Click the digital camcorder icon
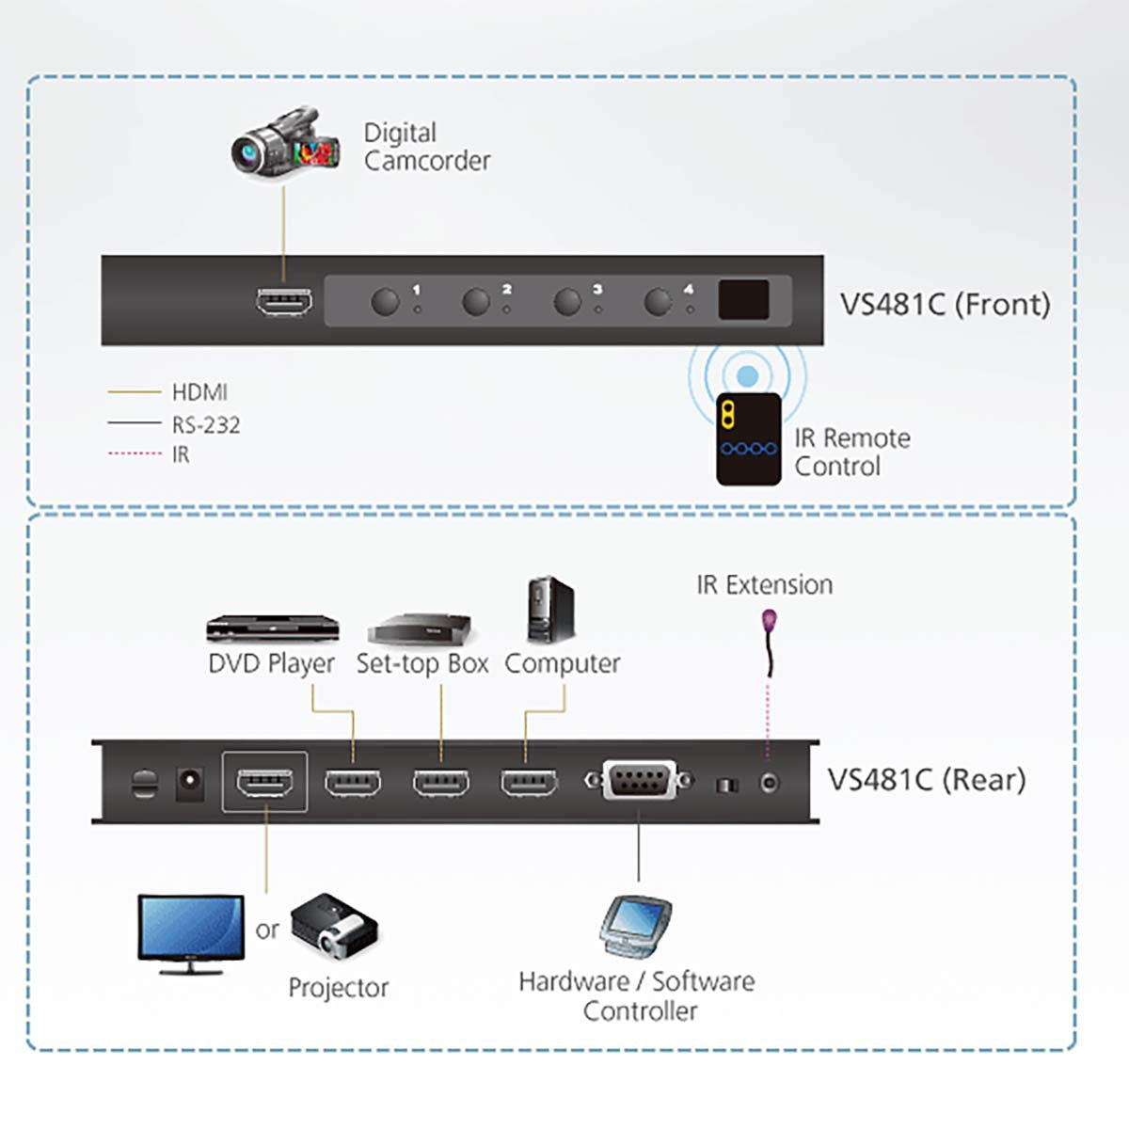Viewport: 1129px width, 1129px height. point(284,143)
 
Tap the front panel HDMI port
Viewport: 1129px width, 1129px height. point(284,302)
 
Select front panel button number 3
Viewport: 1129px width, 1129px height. point(567,302)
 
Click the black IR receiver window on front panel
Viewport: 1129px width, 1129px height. point(743,300)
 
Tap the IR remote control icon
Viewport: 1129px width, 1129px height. point(748,438)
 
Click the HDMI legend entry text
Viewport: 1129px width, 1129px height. point(199,391)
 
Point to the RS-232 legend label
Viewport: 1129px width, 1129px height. point(205,425)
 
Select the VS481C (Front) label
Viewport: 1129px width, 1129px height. point(944,304)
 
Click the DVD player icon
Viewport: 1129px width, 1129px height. point(272,628)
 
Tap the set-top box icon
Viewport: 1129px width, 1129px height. point(420,628)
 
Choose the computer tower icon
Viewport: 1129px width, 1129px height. point(550,610)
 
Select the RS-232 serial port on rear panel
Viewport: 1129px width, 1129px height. point(640,781)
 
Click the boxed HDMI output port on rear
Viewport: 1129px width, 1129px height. point(264,782)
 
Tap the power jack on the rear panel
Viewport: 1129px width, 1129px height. point(190,783)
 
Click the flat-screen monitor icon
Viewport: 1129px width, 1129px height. point(191,931)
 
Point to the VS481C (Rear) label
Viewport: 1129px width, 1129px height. point(926,779)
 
